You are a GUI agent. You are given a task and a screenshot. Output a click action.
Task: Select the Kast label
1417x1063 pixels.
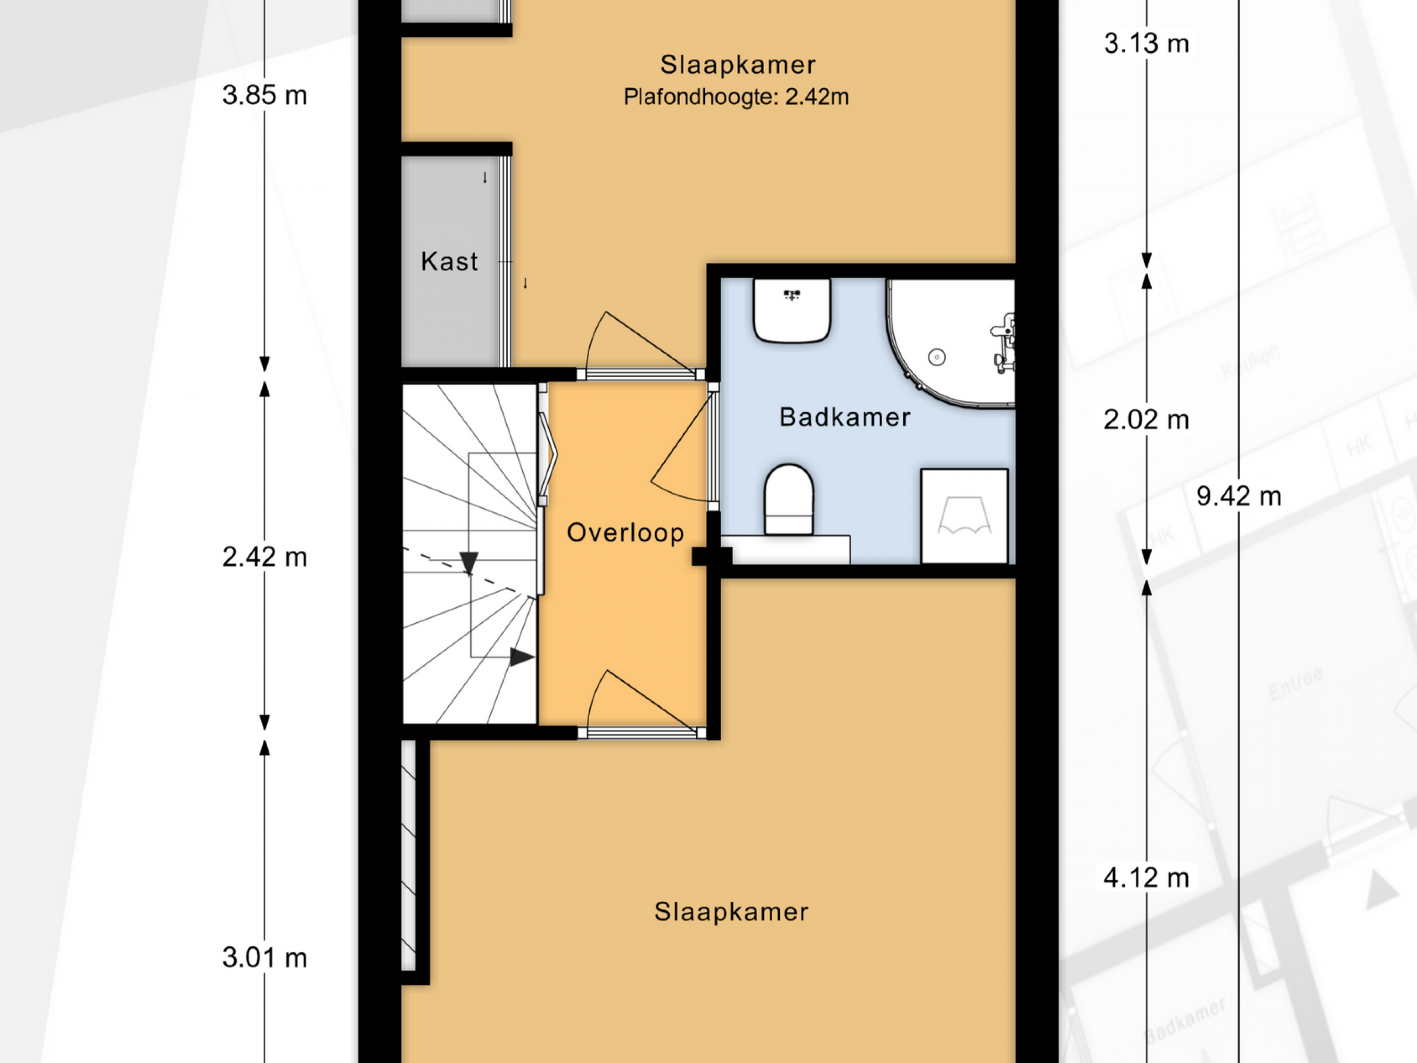[449, 261]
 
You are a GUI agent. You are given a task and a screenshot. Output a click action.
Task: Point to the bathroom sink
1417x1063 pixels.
[792, 310]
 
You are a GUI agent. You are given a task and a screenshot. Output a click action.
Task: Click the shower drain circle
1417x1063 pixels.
[937, 357]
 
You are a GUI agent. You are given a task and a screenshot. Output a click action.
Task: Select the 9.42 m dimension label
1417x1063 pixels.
[1239, 496]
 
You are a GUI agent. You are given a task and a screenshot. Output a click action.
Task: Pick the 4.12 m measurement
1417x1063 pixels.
[1146, 878]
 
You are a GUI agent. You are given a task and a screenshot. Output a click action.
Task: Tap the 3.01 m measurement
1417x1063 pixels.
[265, 958]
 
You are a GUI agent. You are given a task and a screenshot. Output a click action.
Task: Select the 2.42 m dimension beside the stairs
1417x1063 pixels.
[265, 557]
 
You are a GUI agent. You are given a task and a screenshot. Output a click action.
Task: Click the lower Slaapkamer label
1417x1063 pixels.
[731, 912]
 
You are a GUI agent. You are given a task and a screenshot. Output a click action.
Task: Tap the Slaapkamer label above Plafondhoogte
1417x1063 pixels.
[738, 65]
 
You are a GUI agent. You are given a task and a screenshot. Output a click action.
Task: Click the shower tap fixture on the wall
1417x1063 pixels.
[1003, 343]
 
